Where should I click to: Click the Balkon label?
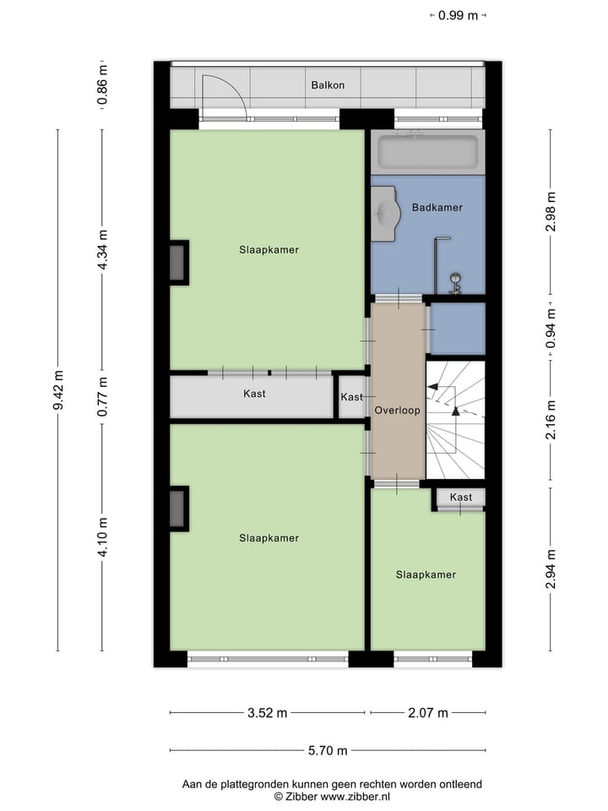click(328, 85)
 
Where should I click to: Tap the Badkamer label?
click(437, 207)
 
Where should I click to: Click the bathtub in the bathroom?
click(427, 152)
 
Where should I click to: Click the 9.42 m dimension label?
click(58, 390)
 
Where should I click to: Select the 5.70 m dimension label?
click(327, 750)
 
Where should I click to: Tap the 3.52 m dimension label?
click(268, 713)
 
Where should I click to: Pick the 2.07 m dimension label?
click(427, 713)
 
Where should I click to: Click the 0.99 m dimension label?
click(459, 14)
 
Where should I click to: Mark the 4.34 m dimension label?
click(103, 250)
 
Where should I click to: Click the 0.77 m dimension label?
click(103, 397)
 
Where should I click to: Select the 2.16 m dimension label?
click(551, 419)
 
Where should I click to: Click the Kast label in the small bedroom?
click(461, 498)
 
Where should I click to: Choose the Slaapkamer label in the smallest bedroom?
click(426, 574)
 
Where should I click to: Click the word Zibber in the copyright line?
click(301, 797)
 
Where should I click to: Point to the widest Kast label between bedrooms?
click(254, 394)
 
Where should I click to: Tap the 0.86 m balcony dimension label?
click(103, 86)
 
